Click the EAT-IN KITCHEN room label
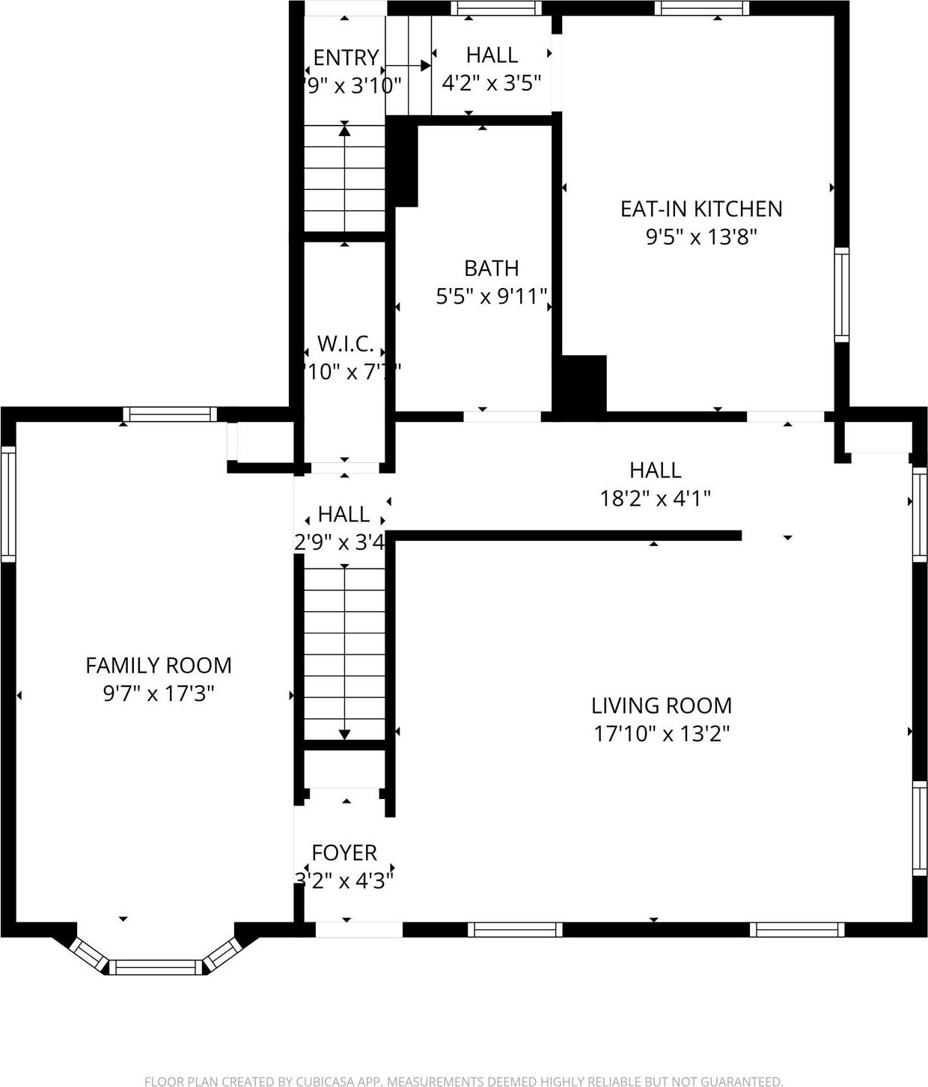coord(701,209)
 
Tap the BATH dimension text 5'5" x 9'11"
coord(492,297)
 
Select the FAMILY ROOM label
coord(159,665)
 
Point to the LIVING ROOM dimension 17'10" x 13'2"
coord(662,734)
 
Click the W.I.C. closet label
coord(345,344)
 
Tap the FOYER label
coord(344,853)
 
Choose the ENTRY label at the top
coord(346,58)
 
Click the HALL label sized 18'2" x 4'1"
coord(655,471)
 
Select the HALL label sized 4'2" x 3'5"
coord(492,55)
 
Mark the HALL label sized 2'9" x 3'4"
coord(344,515)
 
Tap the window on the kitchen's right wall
coord(842,295)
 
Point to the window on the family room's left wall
coord(8,503)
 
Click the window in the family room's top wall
coord(170,414)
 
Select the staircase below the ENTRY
coord(344,178)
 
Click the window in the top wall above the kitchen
coord(701,8)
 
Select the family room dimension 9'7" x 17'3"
coord(159,693)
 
